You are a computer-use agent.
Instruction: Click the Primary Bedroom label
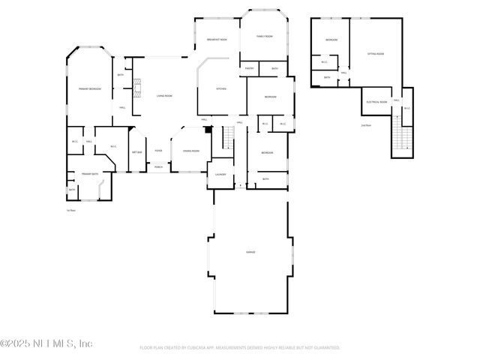pos(90,89)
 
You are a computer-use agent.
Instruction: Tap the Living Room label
pos(164,95)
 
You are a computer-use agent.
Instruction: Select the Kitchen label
pos(220,89)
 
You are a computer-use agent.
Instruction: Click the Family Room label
pos(264,36)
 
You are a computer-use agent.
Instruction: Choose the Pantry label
pos(249,69)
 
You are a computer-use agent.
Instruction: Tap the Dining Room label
pos(190,151)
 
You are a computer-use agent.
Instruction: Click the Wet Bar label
pos(137,152)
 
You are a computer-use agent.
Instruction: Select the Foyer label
pos(158,151)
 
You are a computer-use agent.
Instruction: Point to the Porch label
pos(158,166)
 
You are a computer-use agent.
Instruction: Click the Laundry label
pos(220,174)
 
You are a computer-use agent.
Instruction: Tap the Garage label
pos(250,252)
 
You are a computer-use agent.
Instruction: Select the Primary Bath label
pos(90,173)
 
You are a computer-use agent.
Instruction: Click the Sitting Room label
pos(376,54)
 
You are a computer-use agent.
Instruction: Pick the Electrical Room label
pos(376,101)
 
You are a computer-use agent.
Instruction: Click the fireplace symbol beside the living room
pos(137,88)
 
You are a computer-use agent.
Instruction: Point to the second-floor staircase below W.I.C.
pos(403,139)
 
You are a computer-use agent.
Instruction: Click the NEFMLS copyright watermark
pos(46,343)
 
